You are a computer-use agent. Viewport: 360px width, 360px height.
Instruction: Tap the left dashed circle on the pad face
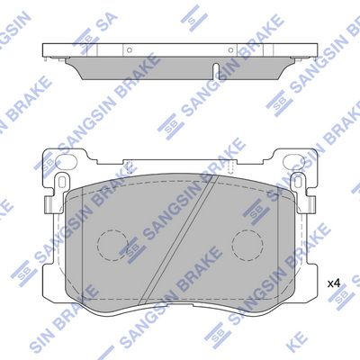[x=114, y=244]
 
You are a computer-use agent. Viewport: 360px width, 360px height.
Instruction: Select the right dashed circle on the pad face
[x=247, y=244]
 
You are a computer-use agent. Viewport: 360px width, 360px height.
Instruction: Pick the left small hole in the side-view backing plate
[x=130, y=50]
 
